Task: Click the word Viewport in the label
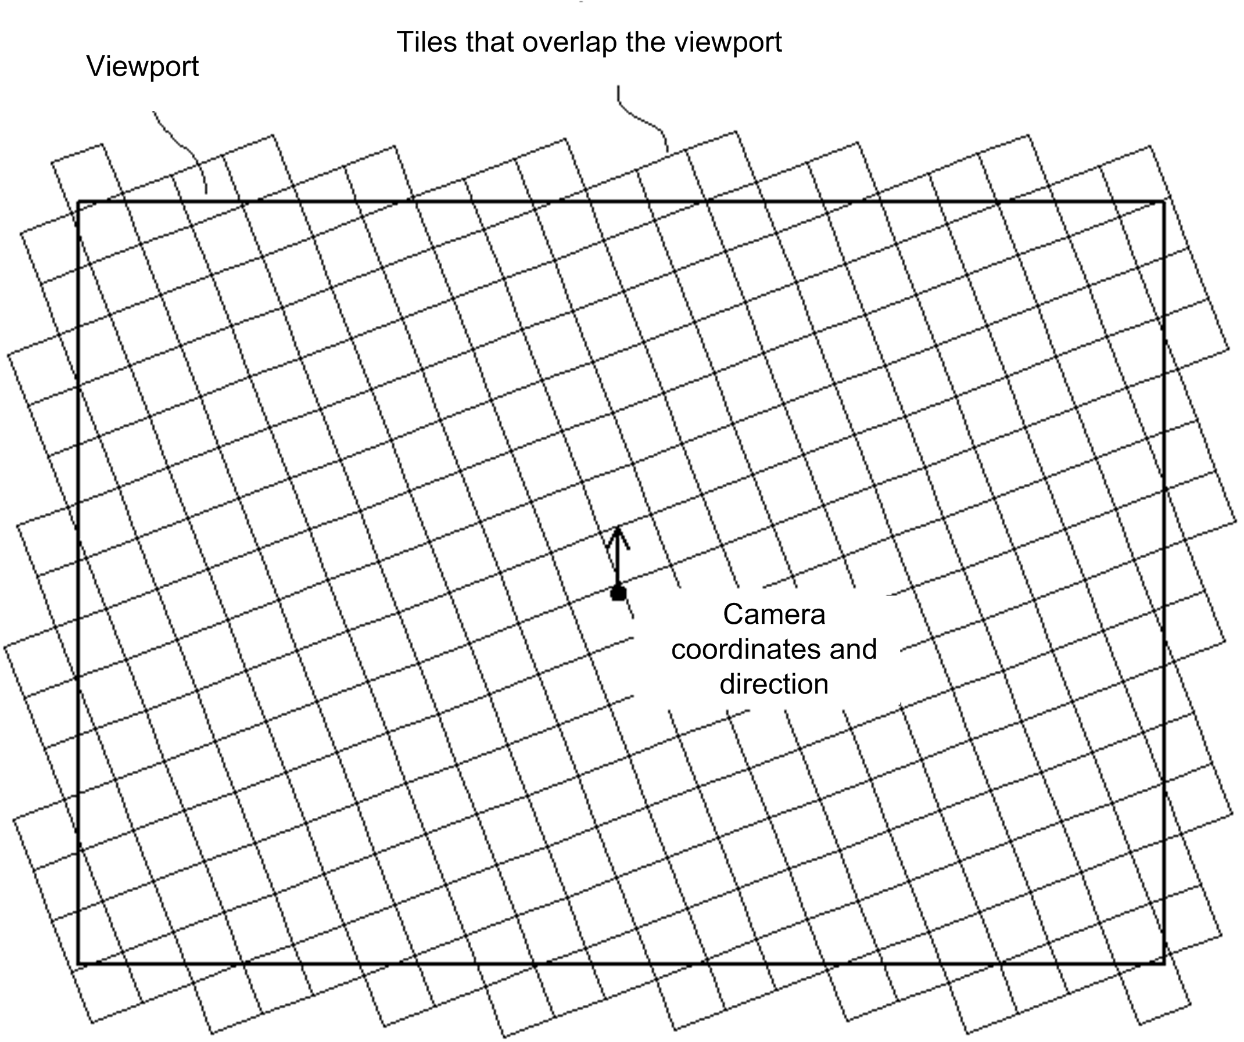tap(142, 66)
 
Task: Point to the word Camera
tap(773, 615)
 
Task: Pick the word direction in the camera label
tap(773, 684)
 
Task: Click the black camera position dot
tap(618, 592)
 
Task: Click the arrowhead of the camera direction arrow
tap(618, 530)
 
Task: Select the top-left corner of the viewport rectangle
tap(78, 202)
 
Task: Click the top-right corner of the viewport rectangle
tap(1164, 202)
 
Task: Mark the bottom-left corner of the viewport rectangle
tap(78, 963)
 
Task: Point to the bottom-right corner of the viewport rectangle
tap(1164, 963)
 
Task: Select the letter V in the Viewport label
tap(95, 66)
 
